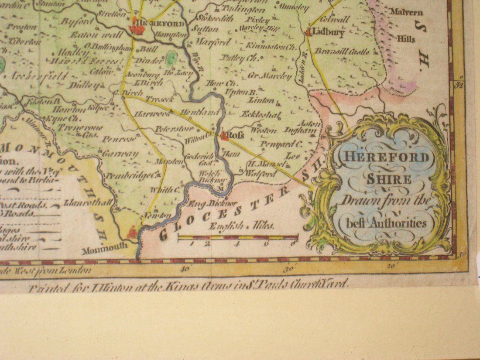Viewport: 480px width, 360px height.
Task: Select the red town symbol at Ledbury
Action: coord(308,31)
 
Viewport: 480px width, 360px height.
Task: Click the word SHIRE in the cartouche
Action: coord(383,179)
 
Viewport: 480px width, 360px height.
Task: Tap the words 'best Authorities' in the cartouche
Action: coord(383,223)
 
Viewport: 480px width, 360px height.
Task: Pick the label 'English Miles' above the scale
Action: coord(242,226)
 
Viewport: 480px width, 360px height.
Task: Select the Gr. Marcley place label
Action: coord(269,76)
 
